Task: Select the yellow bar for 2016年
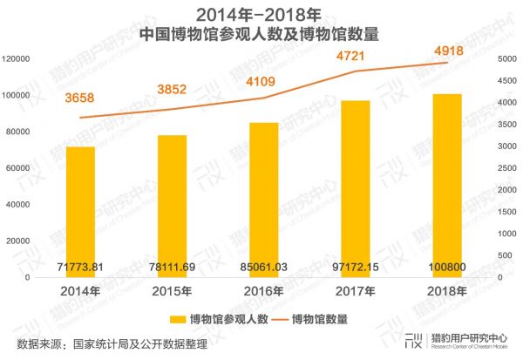(263, 200)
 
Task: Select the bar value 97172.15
(355, 264)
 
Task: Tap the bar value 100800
(446, 264)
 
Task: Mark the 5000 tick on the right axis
(506, 58)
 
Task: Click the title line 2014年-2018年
(260, 15)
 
